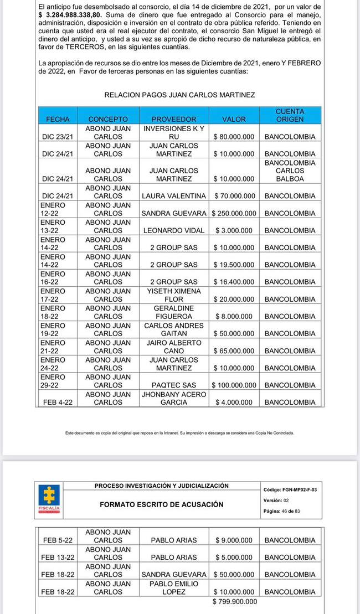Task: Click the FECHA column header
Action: click(58, 119)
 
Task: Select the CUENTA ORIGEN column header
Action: click(290, 115)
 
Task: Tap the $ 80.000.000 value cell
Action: click(234, 136)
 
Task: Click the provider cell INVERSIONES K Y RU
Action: click(174, 132)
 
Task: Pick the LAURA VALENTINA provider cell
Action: click(174, 196)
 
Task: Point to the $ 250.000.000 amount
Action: click(234, 213)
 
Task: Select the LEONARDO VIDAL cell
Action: click(174, 230)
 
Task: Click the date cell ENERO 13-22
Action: click(53, 226)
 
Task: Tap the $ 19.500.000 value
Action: click(234, 265)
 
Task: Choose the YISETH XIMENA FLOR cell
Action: click(174, 295)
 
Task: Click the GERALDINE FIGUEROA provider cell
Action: click(174, 312)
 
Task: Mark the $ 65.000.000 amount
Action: click(234, 351)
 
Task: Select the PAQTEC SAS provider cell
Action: click(174, 385)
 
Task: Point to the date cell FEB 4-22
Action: click(58, 403)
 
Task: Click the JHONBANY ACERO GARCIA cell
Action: click(174, 399)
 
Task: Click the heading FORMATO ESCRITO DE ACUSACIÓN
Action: click(162, 504)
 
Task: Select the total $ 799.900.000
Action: click(235, 601)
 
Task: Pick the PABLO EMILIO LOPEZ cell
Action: click(174, 588)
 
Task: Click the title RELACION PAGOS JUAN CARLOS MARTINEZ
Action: click(179, 95)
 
